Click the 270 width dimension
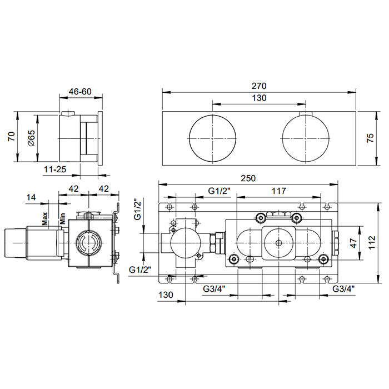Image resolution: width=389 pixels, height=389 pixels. coord(259,86)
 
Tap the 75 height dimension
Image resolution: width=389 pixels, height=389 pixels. coord(370,138)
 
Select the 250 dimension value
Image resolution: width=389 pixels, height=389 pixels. coord(248,178)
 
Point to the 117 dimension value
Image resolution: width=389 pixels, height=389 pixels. coord(279,191)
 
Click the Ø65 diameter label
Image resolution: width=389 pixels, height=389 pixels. coord(32,138)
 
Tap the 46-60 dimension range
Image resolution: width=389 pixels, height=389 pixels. coord(80,92)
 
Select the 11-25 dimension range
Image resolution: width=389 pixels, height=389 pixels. coord(55,169)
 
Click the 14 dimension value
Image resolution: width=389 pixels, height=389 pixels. coord(31,197)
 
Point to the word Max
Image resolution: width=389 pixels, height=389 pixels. coord(45,218)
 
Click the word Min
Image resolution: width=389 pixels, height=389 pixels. coord(62,218)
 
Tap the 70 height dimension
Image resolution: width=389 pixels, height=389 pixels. coord(12,137)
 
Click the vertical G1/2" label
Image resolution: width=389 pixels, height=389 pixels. coord(137,210)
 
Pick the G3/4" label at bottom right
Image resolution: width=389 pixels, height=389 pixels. coord(343,288)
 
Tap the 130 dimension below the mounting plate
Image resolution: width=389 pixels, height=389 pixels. coord(166,295)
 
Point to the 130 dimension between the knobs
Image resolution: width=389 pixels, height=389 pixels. coord(260,98)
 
